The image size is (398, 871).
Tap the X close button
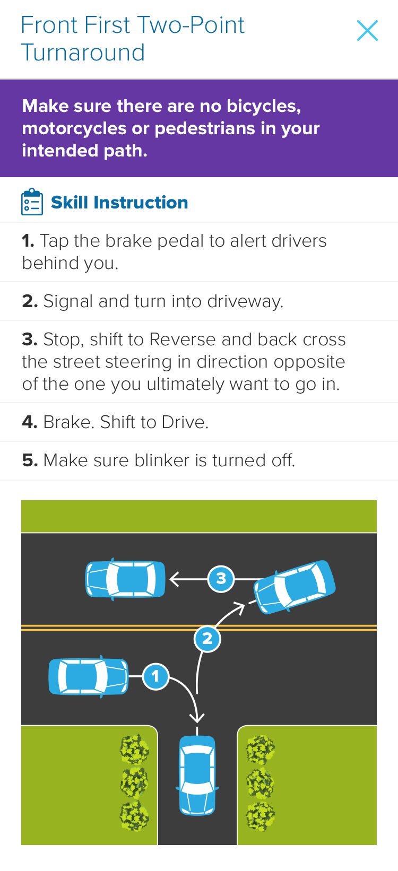pyautogui.click(x=367, y=30)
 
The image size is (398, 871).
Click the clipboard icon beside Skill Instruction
pyautogui.click(x=32, y=202)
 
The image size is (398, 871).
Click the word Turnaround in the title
pyautogui.click(x=83, y=53)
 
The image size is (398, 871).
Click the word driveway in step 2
pyautogui.click(x=245, y=302)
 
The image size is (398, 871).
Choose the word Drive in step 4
pyautogui.click(x=185, y=422)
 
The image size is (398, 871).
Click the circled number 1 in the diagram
pyautogui.click(x=155, y=676)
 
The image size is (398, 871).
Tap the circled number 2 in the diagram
pyautogui.click(x=207, y=639)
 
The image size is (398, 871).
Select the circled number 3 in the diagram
pyautogui.click(x=221, y=579)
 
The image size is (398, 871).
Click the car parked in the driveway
pyautogui.click(x=197, y=775)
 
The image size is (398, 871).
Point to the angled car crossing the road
pyautogui.click(x=295, y=587)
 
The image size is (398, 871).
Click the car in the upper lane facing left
pyautogui.click(x=125, y=579)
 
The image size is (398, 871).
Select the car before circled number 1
pyautogui.click(x=88, y=676)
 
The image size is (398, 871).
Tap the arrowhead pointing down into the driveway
pyautogui.click(x=197, y=716)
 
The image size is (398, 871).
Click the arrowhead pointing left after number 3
pyautogui.click(x=175, y=579)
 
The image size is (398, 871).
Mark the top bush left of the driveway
pyautogui.click(x=134, y=748)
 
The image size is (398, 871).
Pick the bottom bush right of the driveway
pyautogui.click(x=261, y=816)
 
